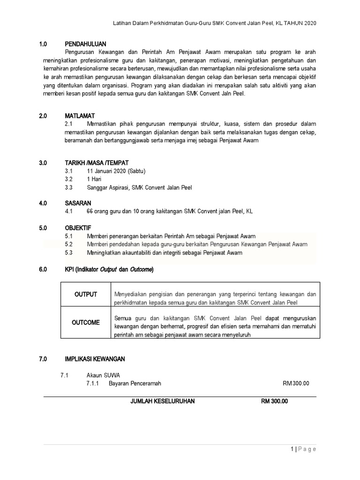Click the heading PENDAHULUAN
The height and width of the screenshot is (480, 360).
pyautogui.click(x=86, y=44)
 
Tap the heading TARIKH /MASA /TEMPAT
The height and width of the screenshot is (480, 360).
pyautogui.click(x=97, y=163)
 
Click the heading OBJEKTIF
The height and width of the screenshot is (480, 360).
pyautogui.click(x=79, y=228)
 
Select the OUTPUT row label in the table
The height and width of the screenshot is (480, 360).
pyautogui.click(x=86, y=294)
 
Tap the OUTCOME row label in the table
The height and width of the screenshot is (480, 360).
pyautogui.click(x=86, y=322)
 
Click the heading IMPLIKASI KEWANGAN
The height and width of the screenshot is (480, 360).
pyautogui.click(x=95, y=359)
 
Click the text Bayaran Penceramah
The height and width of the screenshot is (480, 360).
pyautogui.click(x=135, y=383)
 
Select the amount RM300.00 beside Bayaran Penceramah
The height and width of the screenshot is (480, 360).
pyautogui.click(x=296, y=383)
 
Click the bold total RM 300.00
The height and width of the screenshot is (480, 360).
pyautogui.click(x=275, y=401)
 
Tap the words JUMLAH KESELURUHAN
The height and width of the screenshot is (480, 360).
pyautogui.click(x=163, y=401)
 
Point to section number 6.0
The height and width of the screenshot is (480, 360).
pyautogui.click(x=44, y=270)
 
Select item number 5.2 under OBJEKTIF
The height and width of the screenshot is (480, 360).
pyautogui.click(x=69, y=245)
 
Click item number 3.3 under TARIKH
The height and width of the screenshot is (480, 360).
pyautogui.click(x=69, y=188)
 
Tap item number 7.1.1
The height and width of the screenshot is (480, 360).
pyautogui.click(x=94, y=383)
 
